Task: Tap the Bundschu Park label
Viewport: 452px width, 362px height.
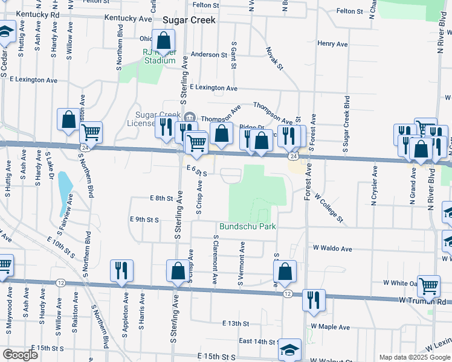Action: pos(247,226)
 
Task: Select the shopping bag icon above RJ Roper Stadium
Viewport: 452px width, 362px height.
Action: pos(164,41)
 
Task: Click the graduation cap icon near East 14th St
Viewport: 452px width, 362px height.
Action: pos(289,349)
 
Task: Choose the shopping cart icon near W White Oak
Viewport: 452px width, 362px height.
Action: pos(428,285)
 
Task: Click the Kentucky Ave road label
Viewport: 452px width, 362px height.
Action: pos(128,19)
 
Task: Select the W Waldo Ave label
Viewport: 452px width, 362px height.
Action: pos(332,249)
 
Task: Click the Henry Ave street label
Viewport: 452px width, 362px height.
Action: pos(332,44)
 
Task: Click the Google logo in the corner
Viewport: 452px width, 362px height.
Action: pos(20,355)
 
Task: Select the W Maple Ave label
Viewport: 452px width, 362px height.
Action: pos(331,327)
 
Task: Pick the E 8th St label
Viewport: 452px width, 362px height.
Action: pos(161,198)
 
